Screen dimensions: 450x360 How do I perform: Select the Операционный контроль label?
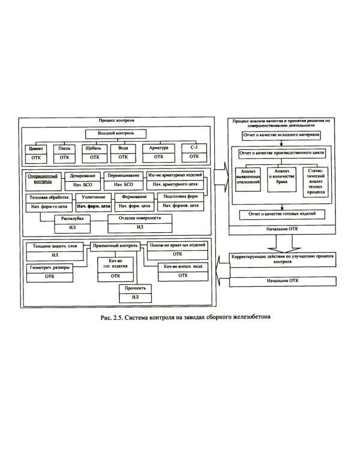(x=42, y=178)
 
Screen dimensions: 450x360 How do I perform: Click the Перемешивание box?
(x=122, y=180)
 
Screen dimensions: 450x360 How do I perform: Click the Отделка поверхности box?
(x=140, y=223)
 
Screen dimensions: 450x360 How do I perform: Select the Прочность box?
(x=136, y=293)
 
